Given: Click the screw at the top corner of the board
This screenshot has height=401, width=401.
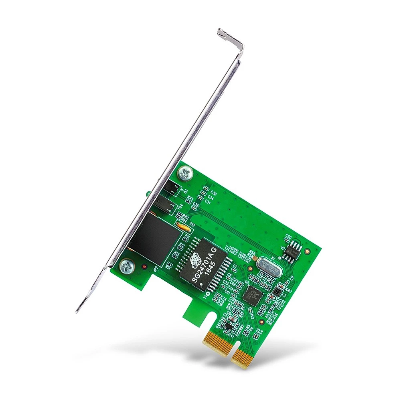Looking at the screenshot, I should tap(186, 173).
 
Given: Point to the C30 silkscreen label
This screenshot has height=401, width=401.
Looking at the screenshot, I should tap(213, 193).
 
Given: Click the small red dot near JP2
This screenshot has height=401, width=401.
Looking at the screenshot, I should tap(144, 266).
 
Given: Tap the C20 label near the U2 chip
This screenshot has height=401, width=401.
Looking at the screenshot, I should tap(288, 237).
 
